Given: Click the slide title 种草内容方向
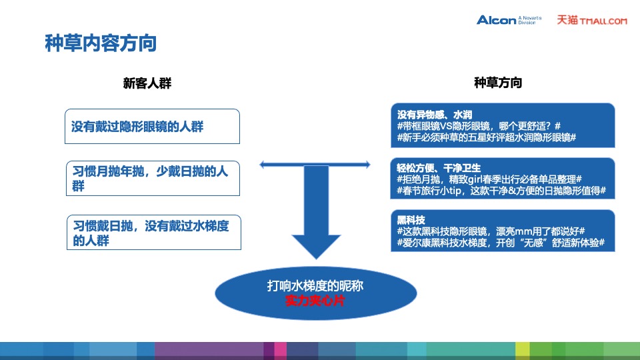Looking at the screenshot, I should (101, 43).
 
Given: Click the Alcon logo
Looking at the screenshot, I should (497, 20).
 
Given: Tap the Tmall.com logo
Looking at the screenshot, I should (592, 21).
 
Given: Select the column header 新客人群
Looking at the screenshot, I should (147, 83).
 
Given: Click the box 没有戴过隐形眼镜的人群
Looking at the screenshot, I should (153, 127).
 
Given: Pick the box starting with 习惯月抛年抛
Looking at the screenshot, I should (153, 178).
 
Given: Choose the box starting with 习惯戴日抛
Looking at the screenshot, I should (154, 233).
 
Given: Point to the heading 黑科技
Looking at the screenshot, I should (411, 219).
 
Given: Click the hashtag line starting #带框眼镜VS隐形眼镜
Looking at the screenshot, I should (478, 126).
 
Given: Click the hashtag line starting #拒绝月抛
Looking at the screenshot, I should (489, 179).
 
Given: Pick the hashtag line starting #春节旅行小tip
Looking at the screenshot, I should (500, 191).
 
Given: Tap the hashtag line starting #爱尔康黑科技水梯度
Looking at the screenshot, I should (500, 243).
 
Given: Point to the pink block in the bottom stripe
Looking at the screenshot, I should (280, 350).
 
